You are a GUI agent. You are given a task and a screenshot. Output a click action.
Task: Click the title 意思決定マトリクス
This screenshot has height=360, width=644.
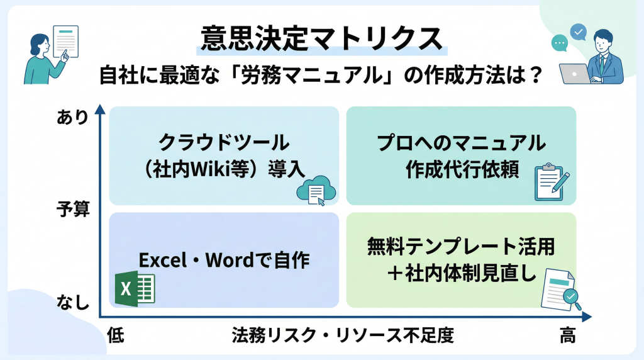pyautogui.click(x=321, y=38)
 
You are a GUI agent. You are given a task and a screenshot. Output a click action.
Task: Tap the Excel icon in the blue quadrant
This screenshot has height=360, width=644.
pyautogui.click(x=135, y=288)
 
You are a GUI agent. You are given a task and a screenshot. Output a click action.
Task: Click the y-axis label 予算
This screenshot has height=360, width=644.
pyautogui.click(x=73, y=209)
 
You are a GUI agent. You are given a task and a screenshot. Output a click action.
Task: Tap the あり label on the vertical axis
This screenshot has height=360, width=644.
pyautogui.click(x=72, y=117)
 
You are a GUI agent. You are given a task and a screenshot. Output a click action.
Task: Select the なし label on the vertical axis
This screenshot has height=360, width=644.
pyautogui.click(x=73, y=303)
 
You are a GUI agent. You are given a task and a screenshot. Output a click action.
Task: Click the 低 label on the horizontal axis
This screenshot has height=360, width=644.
pyautogui.click(x=116, y=335)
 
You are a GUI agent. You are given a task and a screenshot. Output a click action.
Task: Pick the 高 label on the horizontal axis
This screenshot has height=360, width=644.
pyautogui.click(x=568, y=335)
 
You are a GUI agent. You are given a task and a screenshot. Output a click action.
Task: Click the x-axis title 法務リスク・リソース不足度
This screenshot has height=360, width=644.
pyautogui.click(x=343, y=335)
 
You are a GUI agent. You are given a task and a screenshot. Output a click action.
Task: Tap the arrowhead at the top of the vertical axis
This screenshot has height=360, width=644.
pyautogui.click(x=100, y=109)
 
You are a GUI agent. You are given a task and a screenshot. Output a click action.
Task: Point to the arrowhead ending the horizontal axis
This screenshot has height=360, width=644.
pyautogui.click(x=587, y=317)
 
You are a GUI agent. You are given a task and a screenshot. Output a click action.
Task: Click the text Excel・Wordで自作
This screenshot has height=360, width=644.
pyautogui.click(x=225, y=260)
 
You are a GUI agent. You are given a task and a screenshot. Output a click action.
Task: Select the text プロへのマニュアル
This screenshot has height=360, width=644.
pyautogui.click(x=461, y=143)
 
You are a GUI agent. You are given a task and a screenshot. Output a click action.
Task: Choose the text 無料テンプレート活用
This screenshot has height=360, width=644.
pyautogui.click(x=461, y=246)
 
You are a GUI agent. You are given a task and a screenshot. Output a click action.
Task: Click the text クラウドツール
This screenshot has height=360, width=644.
pyautogui.click(x=225, y=143)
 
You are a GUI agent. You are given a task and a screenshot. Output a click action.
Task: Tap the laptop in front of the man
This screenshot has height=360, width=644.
pyautogui.click(x=575, y=74)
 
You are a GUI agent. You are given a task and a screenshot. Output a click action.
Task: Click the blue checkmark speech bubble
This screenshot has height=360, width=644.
pyautogui.click(x=579, y=32)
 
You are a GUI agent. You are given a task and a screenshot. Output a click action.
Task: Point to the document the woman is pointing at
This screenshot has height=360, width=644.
pyautogui.click(x=65, y=41)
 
